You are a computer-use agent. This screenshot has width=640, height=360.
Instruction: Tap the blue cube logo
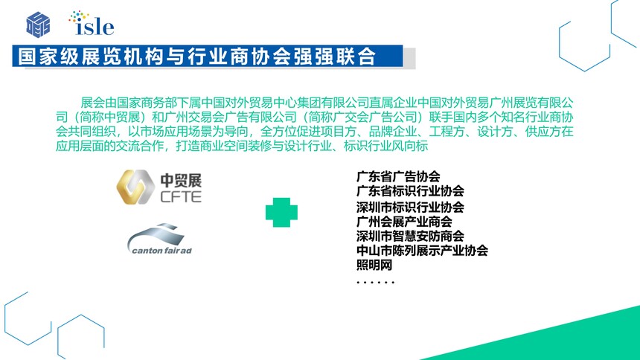point(38,25)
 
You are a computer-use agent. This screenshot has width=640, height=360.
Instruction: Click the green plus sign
point(281,212)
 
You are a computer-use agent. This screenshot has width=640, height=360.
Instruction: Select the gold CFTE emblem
point(135,187)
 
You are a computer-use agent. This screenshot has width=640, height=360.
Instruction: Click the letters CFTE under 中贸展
point(181,196)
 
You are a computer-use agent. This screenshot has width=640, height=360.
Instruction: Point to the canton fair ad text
point(161,250)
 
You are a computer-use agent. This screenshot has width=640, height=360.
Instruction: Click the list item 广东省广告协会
point(398,176)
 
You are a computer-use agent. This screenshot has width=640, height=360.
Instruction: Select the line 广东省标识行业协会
point(410,190)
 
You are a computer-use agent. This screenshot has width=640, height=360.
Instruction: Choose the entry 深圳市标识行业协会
point(410,207)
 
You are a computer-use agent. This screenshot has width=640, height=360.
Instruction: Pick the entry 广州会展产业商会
point(404,222)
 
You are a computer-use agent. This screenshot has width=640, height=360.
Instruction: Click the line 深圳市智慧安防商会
point(410,236)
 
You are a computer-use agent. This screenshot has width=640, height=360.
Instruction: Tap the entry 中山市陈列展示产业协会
point(422,250)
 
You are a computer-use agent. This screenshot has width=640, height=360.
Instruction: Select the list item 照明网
point(374,265)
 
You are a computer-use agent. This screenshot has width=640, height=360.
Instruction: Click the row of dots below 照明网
point(376,282)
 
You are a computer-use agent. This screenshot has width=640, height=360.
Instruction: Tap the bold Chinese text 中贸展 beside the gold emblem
point(181,180)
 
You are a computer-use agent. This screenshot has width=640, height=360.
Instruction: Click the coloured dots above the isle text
point(79,16)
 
